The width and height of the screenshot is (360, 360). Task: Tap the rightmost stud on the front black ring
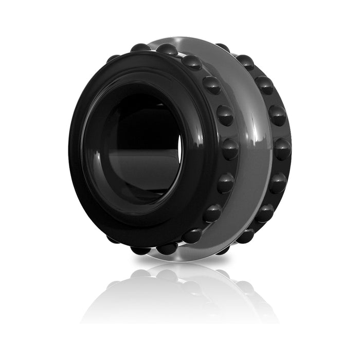pos(230,149)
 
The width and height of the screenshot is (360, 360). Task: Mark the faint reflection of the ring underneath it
pos(180,293)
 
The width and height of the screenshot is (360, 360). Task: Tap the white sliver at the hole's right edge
pos(181,149)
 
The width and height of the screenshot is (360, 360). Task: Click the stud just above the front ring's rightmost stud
pos(225,115)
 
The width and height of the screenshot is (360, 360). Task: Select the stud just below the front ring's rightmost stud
pos(225,183)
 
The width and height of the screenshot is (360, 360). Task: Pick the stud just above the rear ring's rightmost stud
pos(278,115)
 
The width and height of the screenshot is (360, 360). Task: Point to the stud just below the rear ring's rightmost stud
pos(278,183)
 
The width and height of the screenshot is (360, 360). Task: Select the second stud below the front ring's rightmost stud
pos(212,212)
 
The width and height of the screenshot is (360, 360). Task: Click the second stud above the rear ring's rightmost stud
pos(265,85)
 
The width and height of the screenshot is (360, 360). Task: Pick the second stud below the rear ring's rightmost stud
pos(265,212)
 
